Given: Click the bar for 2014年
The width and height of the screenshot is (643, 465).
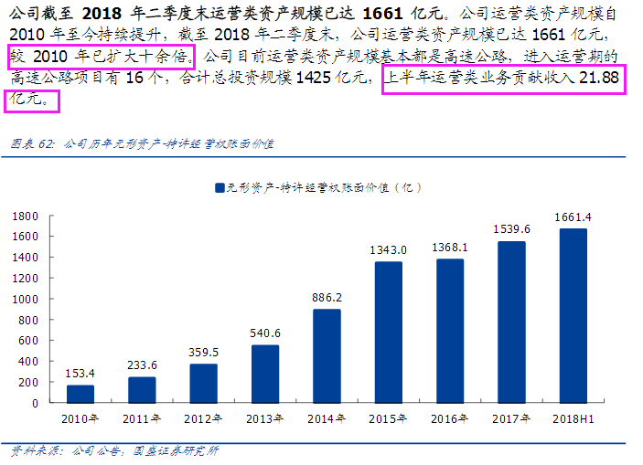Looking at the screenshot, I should (x=327, y=355).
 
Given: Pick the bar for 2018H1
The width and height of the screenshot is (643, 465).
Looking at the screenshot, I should (x=573, y=315).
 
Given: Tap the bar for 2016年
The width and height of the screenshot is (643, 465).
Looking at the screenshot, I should (x=450, y=331).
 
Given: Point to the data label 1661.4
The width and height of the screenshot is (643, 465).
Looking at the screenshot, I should (x=573, y=217).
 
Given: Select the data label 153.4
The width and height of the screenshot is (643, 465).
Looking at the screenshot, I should (x=80, y=374).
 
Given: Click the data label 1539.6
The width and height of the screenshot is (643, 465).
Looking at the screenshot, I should (x=511, y=229).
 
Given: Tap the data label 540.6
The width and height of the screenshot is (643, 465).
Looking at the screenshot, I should (x=265, y=333).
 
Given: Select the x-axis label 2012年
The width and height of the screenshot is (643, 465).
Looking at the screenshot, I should (x=203, y=418).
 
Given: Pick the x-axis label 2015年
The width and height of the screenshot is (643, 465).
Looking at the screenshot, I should (x=388, y=418).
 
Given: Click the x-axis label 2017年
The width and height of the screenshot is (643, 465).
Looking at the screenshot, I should (x=511, y=418).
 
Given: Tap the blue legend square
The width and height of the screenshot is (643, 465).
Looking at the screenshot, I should (x=220, y=187).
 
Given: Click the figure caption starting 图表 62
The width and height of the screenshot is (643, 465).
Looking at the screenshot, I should (x=142, y=143).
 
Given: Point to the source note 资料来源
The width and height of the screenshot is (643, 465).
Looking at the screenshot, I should (x=114, y=450).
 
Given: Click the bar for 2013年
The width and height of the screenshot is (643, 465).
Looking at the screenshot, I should (x=265, y=373).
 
